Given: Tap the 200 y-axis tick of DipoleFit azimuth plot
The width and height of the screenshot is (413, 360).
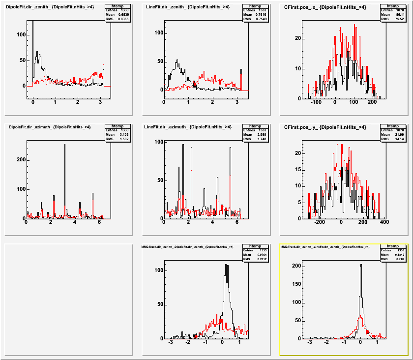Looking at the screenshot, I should click(21, 160).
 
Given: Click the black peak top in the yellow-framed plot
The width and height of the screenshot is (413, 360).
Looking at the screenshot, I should click(361, 266).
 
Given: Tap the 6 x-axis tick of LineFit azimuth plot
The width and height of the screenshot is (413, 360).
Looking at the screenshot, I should click(237, 222).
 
